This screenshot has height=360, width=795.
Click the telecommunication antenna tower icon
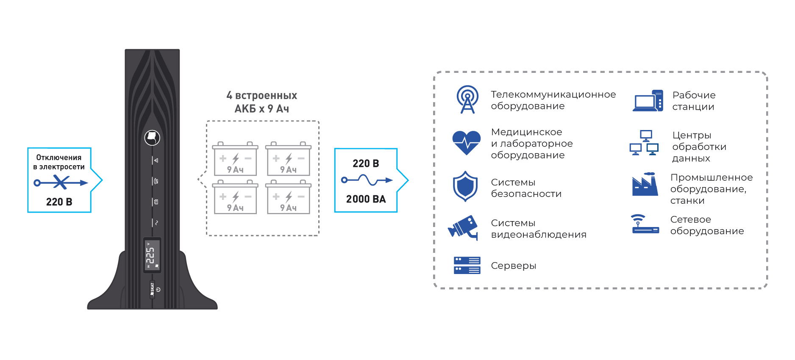pos(467,100)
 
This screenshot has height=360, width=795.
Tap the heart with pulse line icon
pos(466,142)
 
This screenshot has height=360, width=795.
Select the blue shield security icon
pos(465,186)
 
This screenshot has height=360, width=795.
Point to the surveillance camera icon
pos(463,227)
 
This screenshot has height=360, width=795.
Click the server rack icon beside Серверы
pos(467,266)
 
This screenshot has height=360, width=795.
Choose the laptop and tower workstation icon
pos(648,101)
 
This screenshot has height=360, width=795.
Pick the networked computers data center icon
pos(644,143)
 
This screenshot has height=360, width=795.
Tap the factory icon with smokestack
pos(645,185)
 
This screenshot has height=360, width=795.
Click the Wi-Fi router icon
pos(645,224)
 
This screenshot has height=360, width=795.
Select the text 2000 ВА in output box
pos(366,199)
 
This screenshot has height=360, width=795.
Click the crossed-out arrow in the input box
pos(61,183)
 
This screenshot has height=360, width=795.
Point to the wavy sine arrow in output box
pos(367,180)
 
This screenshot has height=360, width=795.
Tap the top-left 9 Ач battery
pos(235,159)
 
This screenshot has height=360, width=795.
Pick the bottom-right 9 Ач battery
pos(288,198)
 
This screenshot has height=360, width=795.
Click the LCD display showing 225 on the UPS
pos(152,255)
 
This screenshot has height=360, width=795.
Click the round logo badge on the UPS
pos(152,138)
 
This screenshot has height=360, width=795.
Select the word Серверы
pos(513,266)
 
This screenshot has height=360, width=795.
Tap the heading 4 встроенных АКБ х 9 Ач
pos(261,102)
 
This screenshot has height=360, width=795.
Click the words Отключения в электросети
pos(59,162)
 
